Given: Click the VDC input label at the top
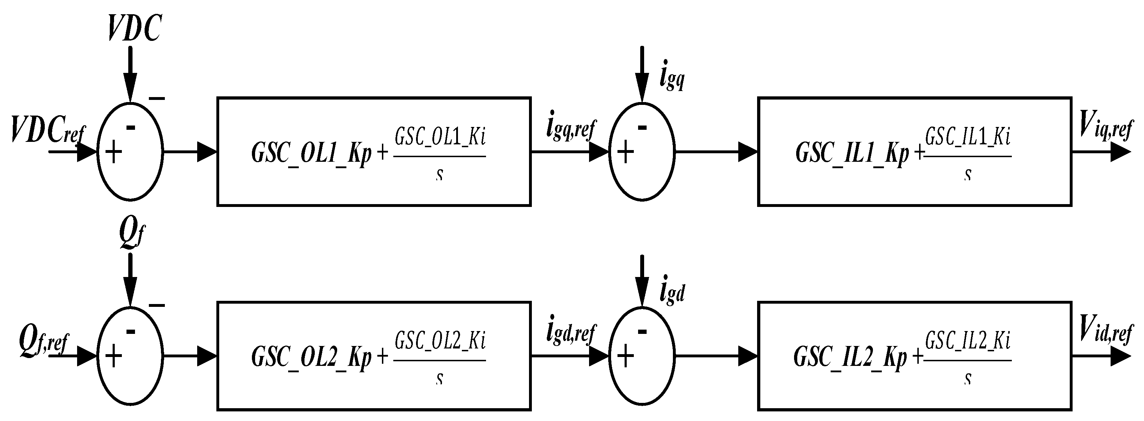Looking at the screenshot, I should pyautogui.click(x=134, y=28).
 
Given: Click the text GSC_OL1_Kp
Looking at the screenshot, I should pyautogui.click(x=311, y=154).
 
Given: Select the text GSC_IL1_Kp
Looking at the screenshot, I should pyautogui.click(x=852, y=154).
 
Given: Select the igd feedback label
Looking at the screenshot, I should pyautogui.click(x=672, y=293).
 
